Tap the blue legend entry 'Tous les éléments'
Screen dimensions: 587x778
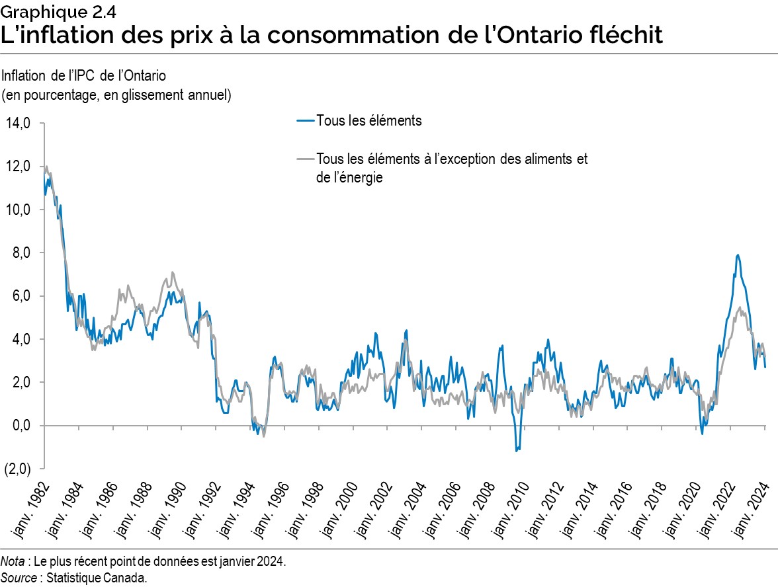368,121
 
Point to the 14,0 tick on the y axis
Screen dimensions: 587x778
19,124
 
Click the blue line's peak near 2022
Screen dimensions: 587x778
737,255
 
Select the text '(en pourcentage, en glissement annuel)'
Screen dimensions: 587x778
116,95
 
